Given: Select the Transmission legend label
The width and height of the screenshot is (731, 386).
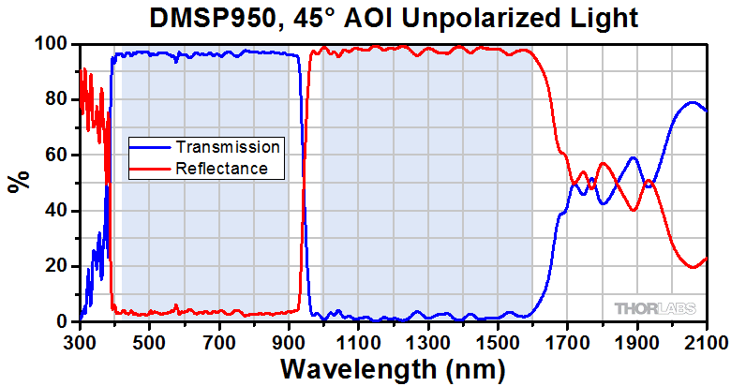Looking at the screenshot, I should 227,147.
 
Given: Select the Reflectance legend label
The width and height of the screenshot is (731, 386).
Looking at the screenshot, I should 222,170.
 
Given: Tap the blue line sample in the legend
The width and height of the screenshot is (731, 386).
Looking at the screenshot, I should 151,147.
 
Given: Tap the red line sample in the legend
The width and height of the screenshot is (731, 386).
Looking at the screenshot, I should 151,170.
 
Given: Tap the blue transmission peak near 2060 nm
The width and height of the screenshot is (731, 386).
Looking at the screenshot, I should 693,102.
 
